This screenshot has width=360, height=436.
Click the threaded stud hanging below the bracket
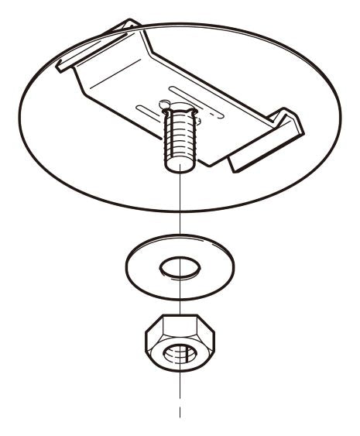tap(180, 143)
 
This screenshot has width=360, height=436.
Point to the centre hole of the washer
tap(180, 269)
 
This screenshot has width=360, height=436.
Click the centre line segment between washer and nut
tap(180, 298)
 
